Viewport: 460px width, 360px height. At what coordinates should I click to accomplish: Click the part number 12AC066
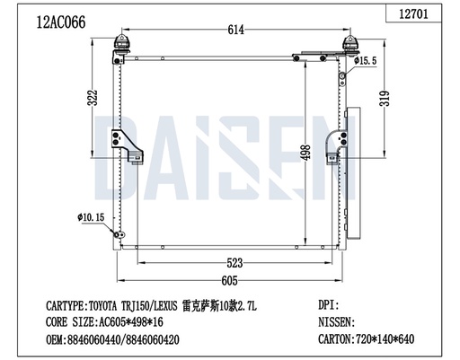pos(60,22)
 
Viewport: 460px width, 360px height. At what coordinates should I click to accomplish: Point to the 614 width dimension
pos(235,31)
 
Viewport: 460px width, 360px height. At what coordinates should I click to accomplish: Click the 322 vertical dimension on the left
pos(92,100)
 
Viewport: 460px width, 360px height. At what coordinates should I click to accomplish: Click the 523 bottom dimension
pos(235,264)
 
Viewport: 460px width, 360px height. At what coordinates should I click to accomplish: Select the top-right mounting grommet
pos(349,46)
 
